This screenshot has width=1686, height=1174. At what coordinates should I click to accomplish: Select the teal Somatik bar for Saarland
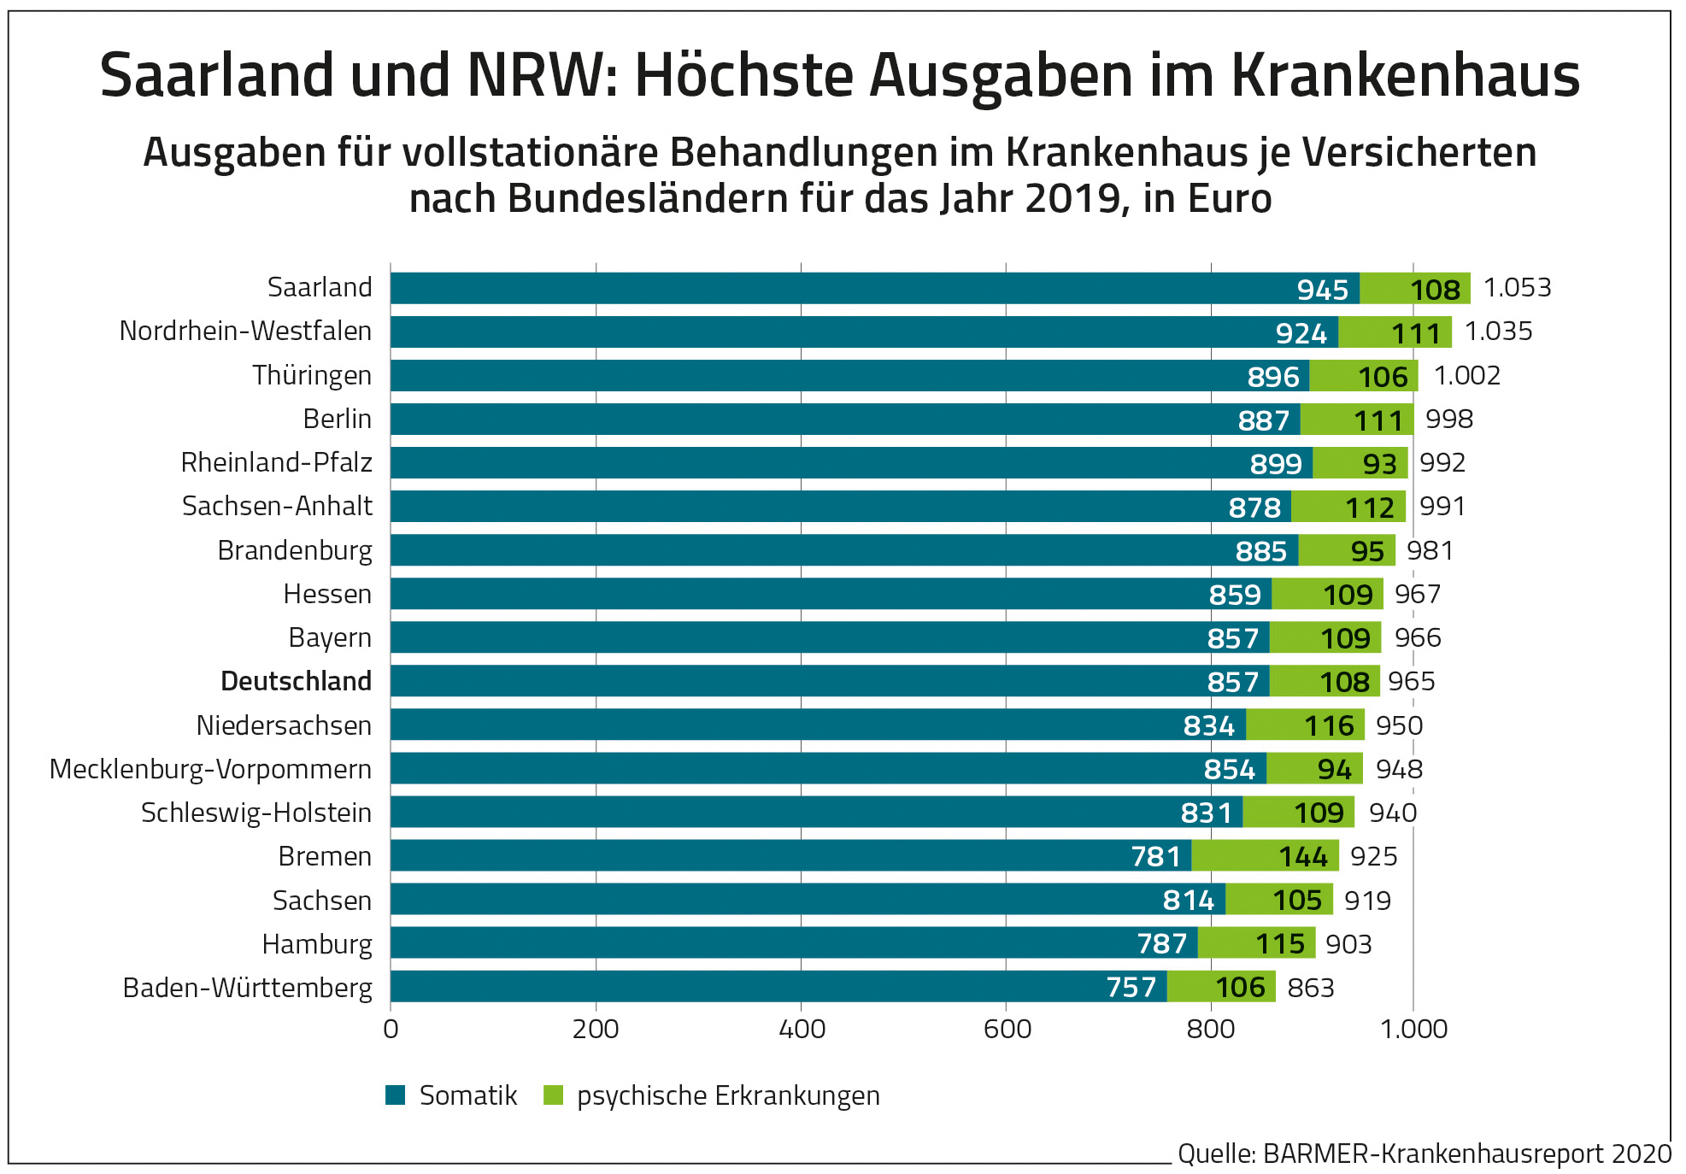[x=855, y=288]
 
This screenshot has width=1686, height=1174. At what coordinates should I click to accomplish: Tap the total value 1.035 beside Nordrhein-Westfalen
[x=1498, y=332]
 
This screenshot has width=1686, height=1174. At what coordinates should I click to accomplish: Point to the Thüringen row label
[x=312, y=375]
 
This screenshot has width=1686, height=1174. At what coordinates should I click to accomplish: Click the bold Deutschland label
[x=296, y=681]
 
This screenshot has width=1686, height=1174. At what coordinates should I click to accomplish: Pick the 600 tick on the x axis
[x=1007, y=1029]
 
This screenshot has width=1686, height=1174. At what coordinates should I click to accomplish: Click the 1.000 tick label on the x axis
[x=1413, y=1029]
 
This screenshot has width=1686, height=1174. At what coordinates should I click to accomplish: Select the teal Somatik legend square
[x=395, y=1095]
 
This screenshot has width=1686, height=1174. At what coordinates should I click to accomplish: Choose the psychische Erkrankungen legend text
[x=728, y=1095]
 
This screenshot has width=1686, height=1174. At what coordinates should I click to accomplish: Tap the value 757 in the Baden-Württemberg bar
[x=1131, y=988]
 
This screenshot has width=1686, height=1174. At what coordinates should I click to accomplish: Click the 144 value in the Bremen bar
[x=1302, y=856]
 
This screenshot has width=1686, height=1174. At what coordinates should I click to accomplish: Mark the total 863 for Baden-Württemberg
[x=1310, y=988]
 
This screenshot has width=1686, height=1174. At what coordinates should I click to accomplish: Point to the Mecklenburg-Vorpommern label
[x=210, y=769]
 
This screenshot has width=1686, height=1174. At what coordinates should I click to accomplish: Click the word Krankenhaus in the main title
[x=1406, y=75]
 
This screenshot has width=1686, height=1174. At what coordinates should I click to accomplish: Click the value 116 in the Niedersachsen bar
[x=1329, y=725]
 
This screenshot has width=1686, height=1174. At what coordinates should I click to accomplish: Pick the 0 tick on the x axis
[x=391, y=1029]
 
